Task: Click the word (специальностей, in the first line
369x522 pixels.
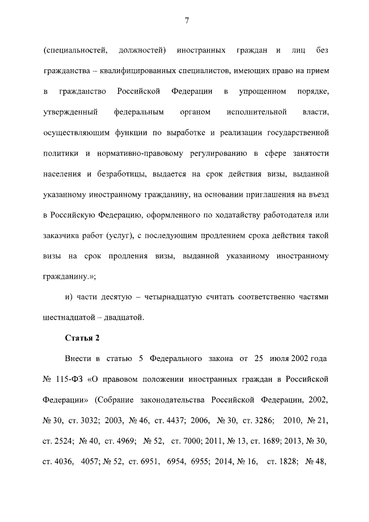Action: [x=76, y=51]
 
